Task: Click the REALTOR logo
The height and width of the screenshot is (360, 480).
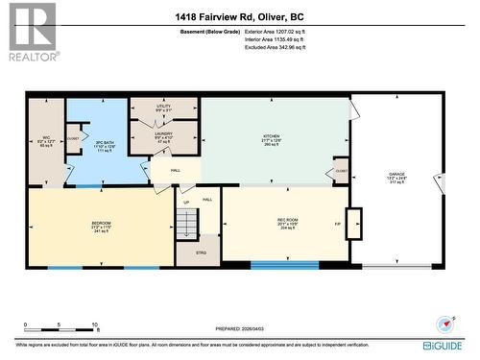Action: coord(33,32)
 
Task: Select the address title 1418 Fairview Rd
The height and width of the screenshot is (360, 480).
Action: coord(239,16)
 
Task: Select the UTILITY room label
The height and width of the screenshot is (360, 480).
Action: coord(163,108)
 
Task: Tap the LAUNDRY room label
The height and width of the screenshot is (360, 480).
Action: coord(163,138)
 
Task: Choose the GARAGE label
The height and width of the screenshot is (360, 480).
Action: coord(396,178)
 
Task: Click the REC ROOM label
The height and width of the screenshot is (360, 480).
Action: coord(288,225)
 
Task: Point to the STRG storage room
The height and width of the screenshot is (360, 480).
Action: coord(201,253)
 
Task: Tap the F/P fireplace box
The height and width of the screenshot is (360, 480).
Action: coord(354,223)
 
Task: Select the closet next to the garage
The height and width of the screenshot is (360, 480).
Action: coord(341,172)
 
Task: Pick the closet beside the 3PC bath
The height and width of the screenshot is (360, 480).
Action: coord(74,138)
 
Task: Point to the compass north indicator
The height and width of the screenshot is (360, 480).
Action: coord(443,325)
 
